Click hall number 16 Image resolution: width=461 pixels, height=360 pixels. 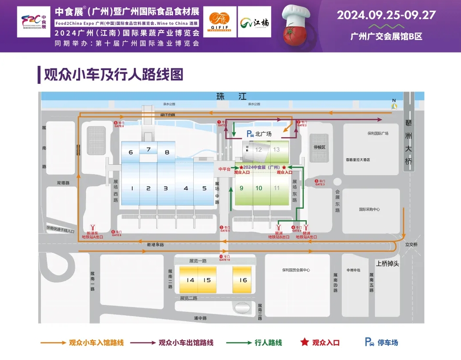pyautogui.click(x=243, y=280)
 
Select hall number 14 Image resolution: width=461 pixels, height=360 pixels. pyautogui.click(x=190, y=280)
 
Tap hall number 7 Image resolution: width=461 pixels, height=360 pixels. pyautogui.click(x=149, y=150)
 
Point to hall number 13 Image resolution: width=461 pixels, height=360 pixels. pyautogui.click(x=276, y=150)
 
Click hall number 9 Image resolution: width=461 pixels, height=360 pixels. pyautogui.click(x=241, y=188)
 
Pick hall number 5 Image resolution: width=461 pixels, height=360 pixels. pyautogui.click(x=204, y=188)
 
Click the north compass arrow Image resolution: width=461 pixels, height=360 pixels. pyautogui.click(x=393, y=105)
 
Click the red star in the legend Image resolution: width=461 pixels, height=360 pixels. pyautogui.click(x=304, y=342)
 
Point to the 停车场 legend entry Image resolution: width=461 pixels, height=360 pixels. pyautogui.click(x=381, y=343)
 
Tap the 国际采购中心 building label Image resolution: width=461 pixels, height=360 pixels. pyautogui.click(x=369, y=209)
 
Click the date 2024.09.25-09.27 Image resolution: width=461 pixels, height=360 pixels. pyautogui.click(x=386, y=15)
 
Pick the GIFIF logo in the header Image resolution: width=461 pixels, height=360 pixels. pyautogui.click(x=220, y=22)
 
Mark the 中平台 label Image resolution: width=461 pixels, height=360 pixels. pyautogui.click(x=224, y=169)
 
